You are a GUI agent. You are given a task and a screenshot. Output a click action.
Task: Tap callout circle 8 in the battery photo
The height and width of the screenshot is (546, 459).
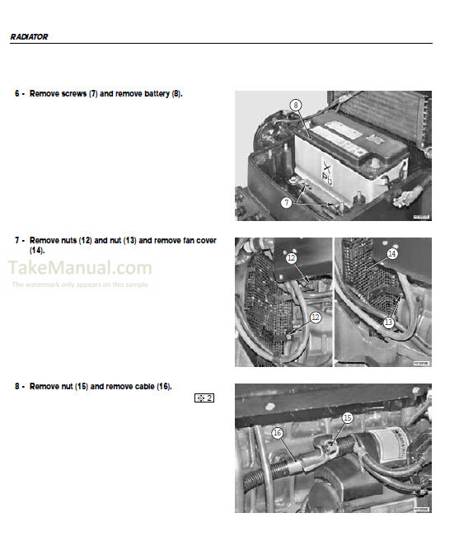click(x=295, y=105)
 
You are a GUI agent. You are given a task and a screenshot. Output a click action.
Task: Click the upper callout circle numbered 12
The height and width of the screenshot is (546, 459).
click(x=291, y=258)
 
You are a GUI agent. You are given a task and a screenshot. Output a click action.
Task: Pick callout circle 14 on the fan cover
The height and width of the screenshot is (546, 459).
click(x=392, y=255)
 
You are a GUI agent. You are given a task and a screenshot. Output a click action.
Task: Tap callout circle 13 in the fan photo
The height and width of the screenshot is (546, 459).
click(x=388, y=324)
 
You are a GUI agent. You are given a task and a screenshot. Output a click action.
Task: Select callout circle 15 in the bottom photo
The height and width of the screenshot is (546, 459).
click(x=347, y=419)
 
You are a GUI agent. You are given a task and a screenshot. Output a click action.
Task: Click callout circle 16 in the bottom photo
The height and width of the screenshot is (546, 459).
click(x=277, y=431)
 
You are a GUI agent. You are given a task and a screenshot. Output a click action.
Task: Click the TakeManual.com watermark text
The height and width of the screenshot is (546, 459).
click(x=81, y=267)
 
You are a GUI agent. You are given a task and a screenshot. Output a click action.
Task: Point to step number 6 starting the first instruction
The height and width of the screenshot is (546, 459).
click(x=17, y=94)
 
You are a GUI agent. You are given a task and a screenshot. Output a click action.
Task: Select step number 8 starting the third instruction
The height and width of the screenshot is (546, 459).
click(x=17, y=386)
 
